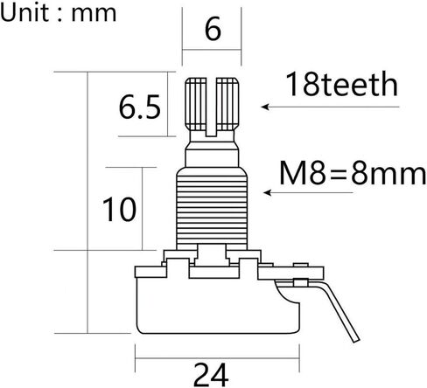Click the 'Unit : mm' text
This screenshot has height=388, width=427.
(x=59, y=13)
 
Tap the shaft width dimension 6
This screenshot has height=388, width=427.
(x=213, y=29)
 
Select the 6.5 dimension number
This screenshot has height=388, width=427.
(x=140, y=107)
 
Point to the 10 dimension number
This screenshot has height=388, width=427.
(x=119, y=209)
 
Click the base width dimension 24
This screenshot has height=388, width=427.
(x=211, y=375)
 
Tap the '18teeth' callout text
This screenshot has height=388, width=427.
(x=342, y=84)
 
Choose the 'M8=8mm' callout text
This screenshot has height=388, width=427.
(x=353, y=173)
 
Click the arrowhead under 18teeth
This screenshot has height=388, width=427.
(x=265, y=107)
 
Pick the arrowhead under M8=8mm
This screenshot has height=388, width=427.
(x=268, y=192)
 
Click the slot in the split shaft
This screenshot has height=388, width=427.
(x=212, y=107)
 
